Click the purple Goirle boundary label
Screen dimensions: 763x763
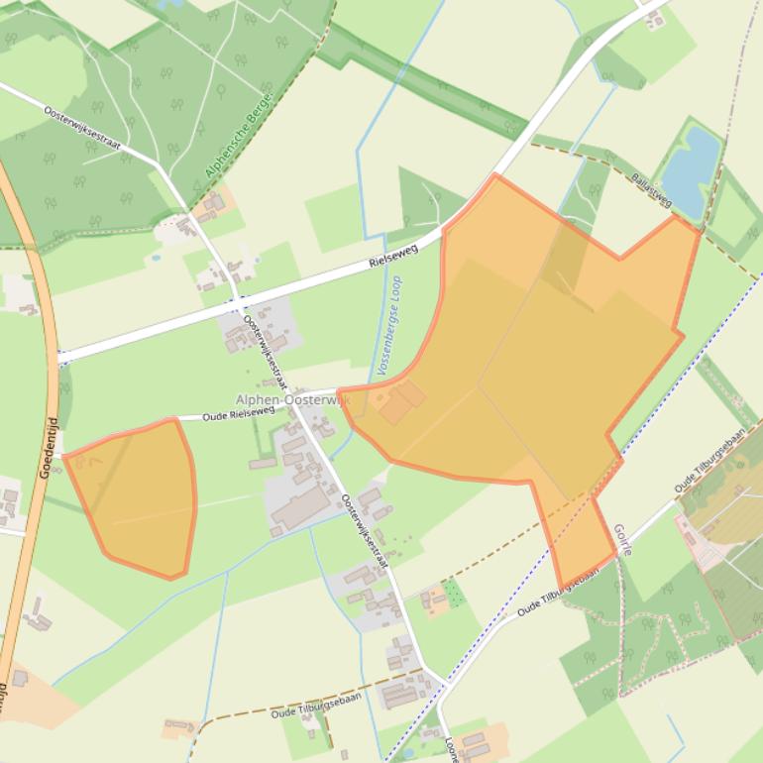click(622, 540)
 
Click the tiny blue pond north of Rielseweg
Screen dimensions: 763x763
click(156, 257)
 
